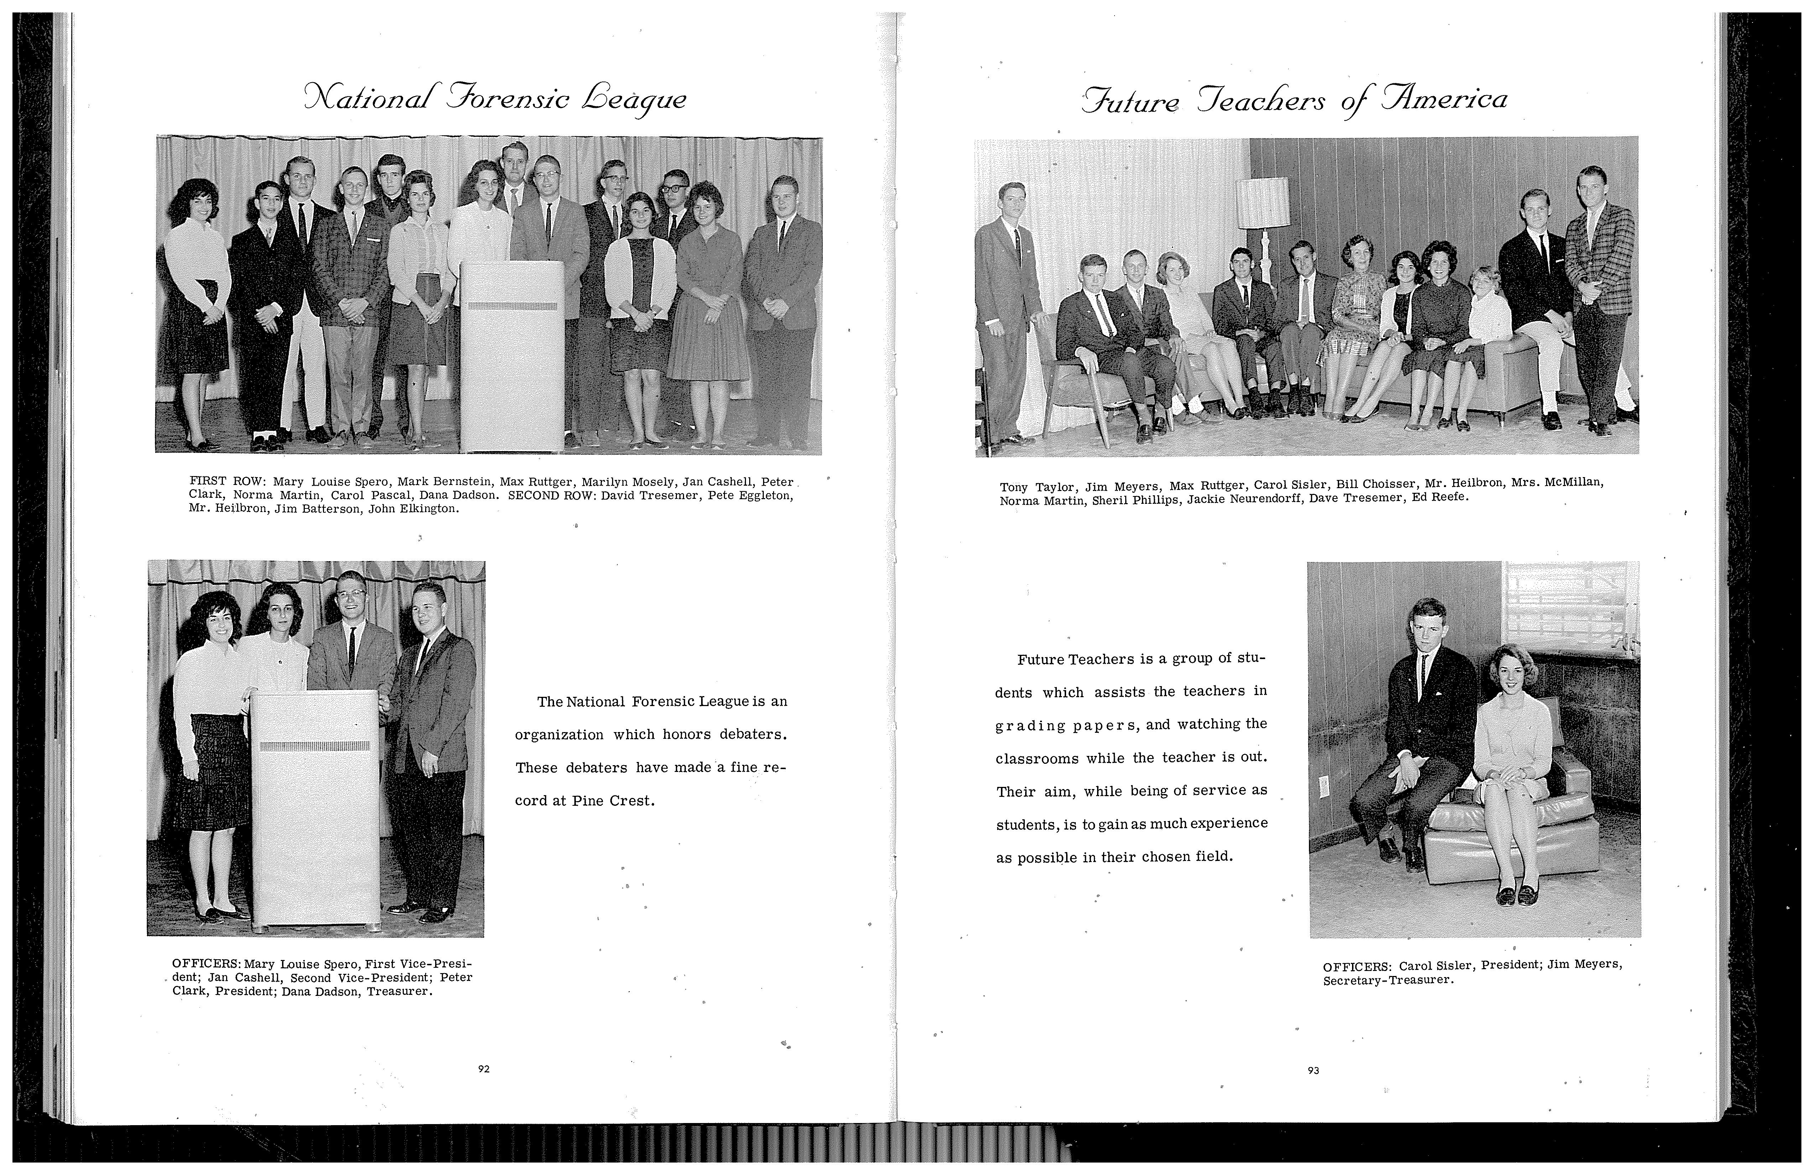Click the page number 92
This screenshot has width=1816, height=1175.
(x=483, y=1069)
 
